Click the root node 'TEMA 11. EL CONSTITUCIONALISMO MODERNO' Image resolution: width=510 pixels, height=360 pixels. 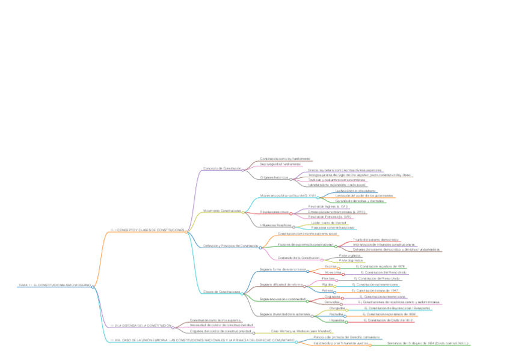tap(54, 285)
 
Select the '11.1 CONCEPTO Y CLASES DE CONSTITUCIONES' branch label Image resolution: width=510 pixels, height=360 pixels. tap(147, 230)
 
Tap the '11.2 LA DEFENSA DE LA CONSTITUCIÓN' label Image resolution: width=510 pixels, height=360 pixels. tap(141, 325)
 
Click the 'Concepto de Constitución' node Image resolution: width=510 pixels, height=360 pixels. tap(222, 168)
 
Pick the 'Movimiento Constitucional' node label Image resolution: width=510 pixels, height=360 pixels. tap(223, 211)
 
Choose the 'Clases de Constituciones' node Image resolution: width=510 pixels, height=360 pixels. tap(222, 292)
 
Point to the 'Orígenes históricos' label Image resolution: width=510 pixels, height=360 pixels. tap(274, 177)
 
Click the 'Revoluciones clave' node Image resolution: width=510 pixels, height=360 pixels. tap(274, 212)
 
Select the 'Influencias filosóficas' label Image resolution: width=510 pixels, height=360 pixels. tap(275, 225)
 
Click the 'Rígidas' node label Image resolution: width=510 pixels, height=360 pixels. tap(327, 284)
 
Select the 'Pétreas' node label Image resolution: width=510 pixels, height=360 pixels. tap(328, 290)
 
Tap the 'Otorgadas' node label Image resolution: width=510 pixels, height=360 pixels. tap(337, 308)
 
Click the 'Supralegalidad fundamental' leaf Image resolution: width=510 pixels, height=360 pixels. tap(280, 163)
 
